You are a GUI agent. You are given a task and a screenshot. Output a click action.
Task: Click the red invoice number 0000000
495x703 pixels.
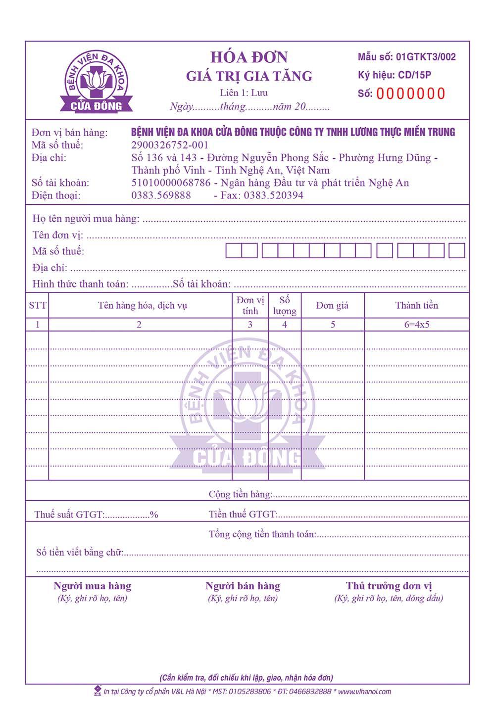point(410,94)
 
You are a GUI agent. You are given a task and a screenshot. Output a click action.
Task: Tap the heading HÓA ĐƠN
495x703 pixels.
point(249,57)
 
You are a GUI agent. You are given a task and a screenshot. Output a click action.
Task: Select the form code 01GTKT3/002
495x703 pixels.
point(426,57)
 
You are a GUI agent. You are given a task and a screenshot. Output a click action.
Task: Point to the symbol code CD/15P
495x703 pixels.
point(414,75)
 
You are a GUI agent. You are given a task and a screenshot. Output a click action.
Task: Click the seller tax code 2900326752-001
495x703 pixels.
point(170,145)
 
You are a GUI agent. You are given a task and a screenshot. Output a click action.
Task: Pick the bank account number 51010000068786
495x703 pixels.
point(171,183)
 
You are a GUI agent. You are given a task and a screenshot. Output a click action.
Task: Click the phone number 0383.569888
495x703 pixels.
point(161,195)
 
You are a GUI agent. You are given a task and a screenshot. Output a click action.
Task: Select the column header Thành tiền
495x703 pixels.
point(416,305)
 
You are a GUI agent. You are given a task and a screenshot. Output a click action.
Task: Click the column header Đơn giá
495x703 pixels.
point(332,305)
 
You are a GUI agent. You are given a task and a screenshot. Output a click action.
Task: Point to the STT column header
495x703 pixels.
point(37,305)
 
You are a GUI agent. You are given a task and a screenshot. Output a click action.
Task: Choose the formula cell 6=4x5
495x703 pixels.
point(417,325)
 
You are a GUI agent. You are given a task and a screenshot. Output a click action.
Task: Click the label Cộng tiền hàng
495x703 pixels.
point(240,494)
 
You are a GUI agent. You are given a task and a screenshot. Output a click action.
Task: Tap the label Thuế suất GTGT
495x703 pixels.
point(69,515)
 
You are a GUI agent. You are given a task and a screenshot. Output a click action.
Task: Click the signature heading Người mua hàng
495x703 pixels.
point(93,586)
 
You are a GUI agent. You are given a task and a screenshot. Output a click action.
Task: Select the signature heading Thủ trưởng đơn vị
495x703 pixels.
point(389,586)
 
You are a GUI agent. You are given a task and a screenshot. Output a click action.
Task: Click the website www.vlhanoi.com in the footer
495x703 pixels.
point(364,692)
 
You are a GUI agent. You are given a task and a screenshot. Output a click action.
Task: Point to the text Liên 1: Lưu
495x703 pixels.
point(244,93)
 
